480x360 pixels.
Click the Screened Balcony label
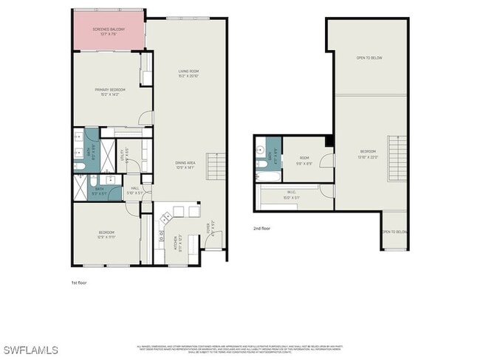[109, 31]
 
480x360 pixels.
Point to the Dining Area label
[185, 165]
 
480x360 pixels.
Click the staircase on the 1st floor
[216, 167]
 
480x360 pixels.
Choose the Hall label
[134, 190]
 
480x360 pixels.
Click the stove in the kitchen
[165, 215]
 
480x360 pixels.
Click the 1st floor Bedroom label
[106, 235]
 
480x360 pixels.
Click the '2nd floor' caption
[261, 229]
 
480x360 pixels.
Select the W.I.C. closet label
[293, 195]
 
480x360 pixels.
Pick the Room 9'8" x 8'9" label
[304, 159]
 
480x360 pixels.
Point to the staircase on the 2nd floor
[397, 159]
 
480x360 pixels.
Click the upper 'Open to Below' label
[369, 58]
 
